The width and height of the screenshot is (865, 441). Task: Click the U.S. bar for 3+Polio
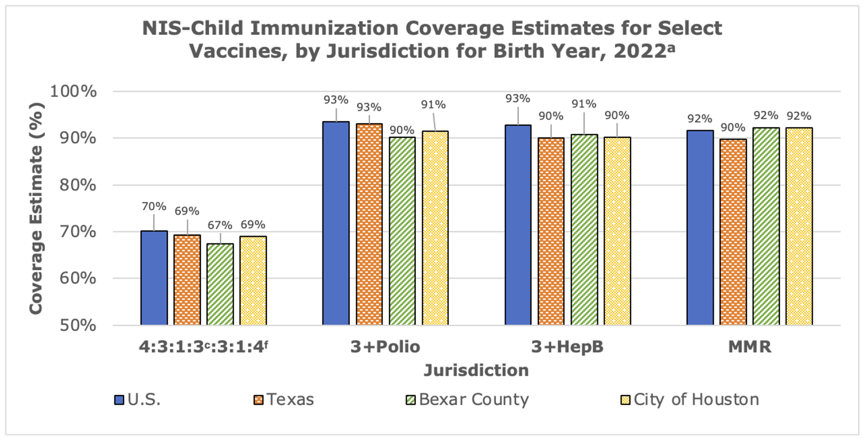point(336,223)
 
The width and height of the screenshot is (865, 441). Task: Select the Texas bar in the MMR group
point(733,232)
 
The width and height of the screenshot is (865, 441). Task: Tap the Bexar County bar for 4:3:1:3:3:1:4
point(220,284)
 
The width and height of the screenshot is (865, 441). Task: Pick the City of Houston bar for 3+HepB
point(617,231)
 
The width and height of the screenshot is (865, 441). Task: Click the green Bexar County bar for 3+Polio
point(402,231)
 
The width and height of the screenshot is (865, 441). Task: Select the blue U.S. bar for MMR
point(700,227)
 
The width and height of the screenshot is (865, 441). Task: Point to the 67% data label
point(220,225)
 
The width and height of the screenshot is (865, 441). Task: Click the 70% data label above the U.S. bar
point(154,207)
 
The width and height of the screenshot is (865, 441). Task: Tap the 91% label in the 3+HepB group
point(584,104)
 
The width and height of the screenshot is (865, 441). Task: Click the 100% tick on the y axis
point(74,91)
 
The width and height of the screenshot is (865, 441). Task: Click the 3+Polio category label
point(385,347)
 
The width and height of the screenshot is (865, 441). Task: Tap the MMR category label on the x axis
point(750,347)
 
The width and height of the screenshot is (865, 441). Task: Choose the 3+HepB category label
point(567,347)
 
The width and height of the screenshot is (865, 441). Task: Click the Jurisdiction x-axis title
point(476,370)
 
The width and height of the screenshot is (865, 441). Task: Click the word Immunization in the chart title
point(324,29)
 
